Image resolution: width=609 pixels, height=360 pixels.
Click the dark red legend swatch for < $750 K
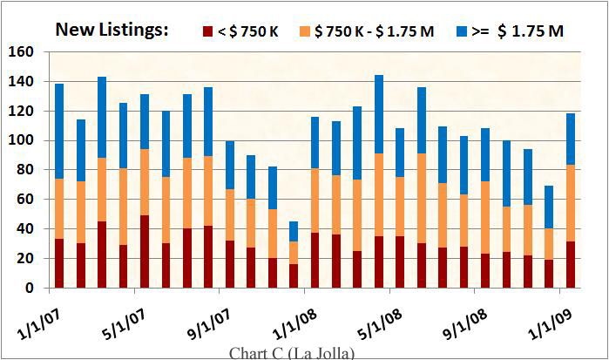click(x=209, y=31)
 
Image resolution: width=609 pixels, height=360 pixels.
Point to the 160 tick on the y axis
click(x=22, y=52)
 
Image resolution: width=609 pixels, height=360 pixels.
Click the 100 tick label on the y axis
click(x=22, y=140)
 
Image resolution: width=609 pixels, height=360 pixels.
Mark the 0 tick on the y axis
click(x=30, y=288)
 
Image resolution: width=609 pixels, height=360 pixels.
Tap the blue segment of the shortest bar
click(x=294, y=231)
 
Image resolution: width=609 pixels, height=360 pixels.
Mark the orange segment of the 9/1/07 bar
click(x=230, y=214)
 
